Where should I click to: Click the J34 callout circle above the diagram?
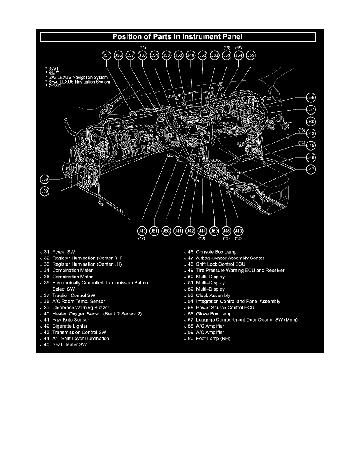[x=106, y=56]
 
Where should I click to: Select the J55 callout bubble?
[x=251, y=56]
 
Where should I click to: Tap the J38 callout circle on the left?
[x=45, y=179]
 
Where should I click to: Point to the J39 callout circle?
[x=45, y=191]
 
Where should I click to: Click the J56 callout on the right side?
[x=311, y=98]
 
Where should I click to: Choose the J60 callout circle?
[x=311, y=122]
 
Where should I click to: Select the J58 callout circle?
[x=166, y=231]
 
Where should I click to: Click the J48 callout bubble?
[x=238, y=231]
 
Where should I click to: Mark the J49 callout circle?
[x=191, y=56]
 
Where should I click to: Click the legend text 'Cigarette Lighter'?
[x=70, y=326]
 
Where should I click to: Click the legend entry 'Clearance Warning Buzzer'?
[x=80, y=308]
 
